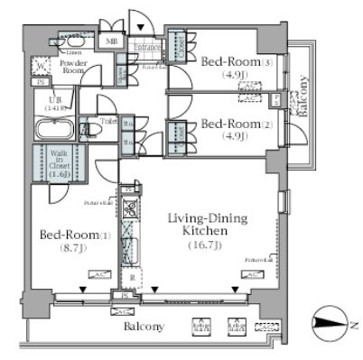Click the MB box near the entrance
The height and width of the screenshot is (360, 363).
(113, 42)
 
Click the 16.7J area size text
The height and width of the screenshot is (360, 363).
(203, 245)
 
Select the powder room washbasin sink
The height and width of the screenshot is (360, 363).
(69, 42)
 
